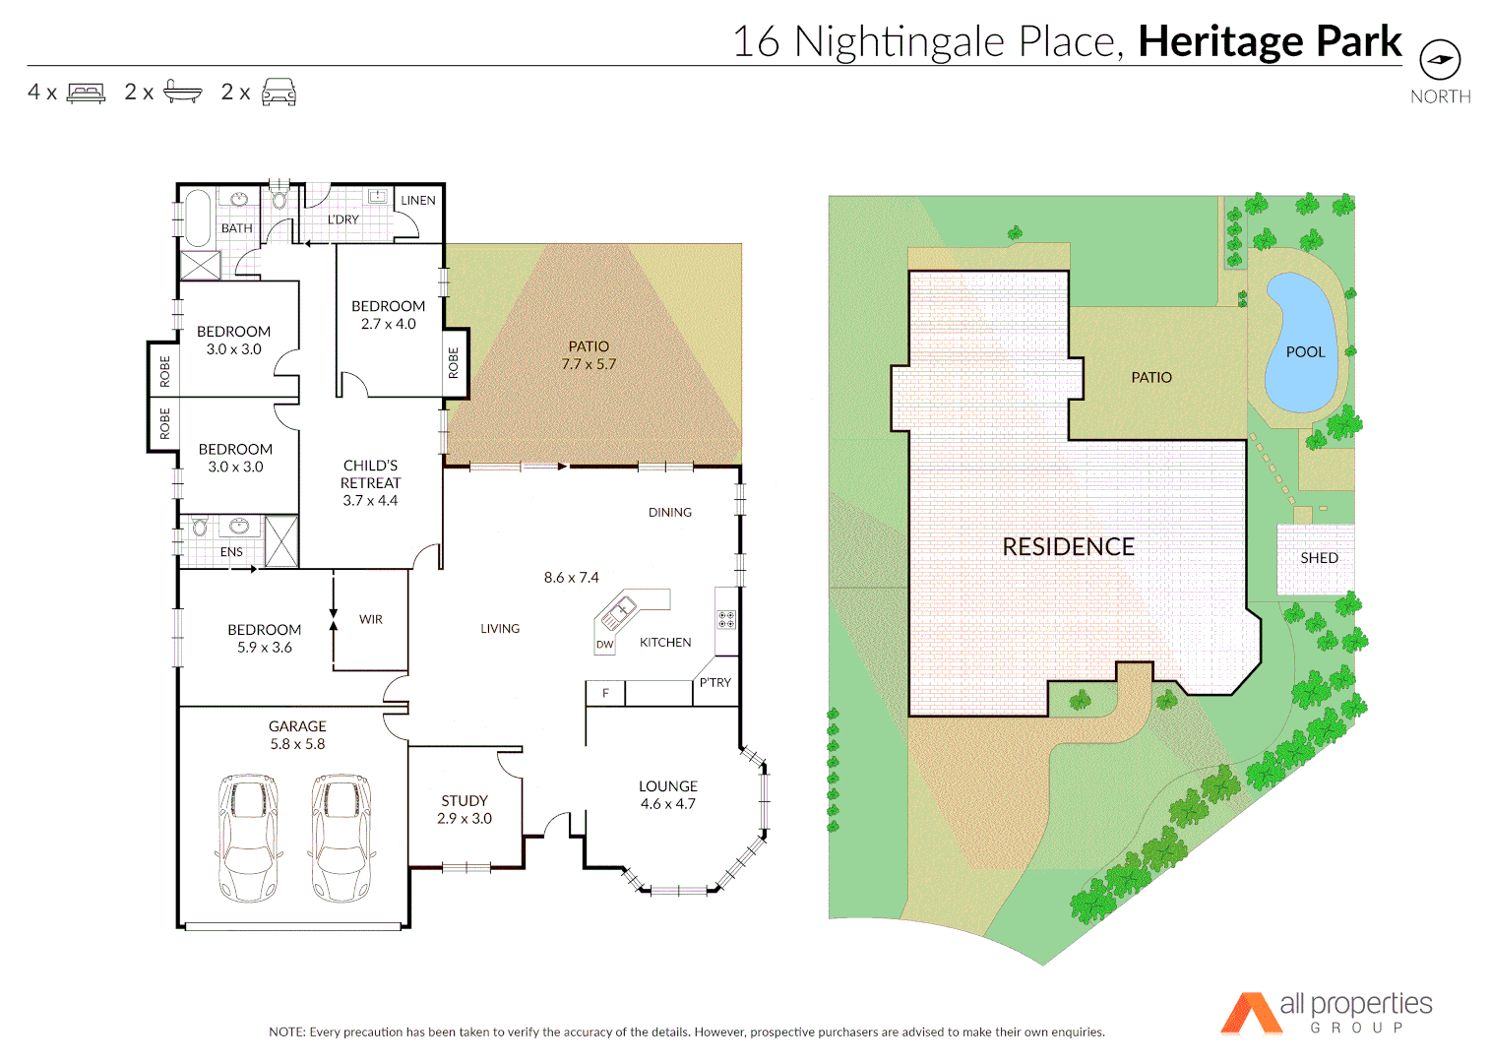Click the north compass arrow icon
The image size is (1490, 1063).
coord(1440,60)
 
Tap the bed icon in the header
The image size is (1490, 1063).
coord(86,94)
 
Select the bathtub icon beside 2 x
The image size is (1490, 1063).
coord(182,92)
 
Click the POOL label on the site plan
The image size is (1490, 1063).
coord(1305,352)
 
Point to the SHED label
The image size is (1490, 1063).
coord(1319,558)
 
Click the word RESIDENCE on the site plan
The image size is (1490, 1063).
coord(1068,547)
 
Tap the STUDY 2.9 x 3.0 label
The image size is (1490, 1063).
coord(465,809)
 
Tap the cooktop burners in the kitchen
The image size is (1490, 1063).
coord(726,619)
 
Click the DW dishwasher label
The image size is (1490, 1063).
coord(604,646)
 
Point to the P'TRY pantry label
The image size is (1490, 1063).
coord(715,682)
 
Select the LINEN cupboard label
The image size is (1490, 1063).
coord(418,201)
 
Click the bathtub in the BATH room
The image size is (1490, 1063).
coord(198,217)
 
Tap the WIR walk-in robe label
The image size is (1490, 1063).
coord(371,619)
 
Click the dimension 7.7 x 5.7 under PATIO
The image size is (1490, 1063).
coord(589,364)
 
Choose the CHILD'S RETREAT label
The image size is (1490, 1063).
coord(371,474)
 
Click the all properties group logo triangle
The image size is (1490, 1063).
coord(1250,1014)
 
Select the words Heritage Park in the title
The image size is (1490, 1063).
coord(1270,41)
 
